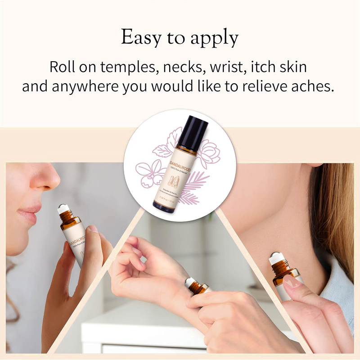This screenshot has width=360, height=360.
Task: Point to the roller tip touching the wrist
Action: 189,283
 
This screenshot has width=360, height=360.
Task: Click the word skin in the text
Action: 291,67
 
